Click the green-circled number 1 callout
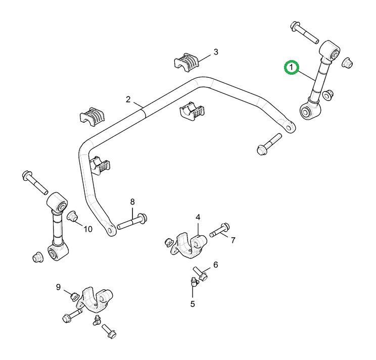tap(292, 67)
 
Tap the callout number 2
tap(128, 99)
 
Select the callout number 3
tap(216, 52)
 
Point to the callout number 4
tap(198, 217)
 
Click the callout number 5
tap(193, 304)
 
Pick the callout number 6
tap(215, 265)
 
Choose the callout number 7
tap(233, 240)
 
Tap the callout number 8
tap(132, 202)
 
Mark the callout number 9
tap(59, 287)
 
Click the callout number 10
tap(88, 229)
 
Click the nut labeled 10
tap(72, 217)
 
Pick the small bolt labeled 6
tap(202, 275)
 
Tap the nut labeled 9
tap(74, 296)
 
